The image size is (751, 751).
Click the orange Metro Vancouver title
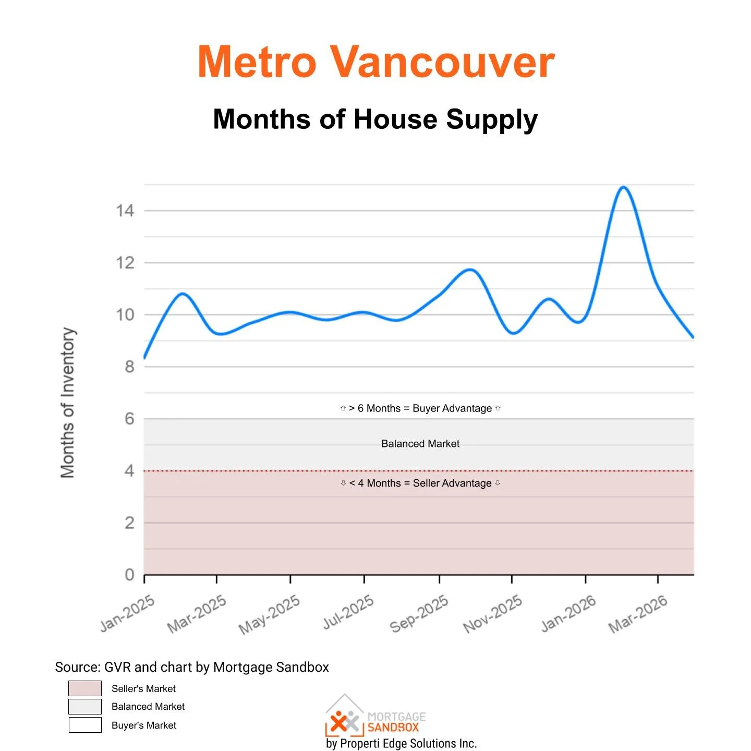click(x=375, y=63)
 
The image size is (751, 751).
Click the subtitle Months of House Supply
click(x=375, y=119)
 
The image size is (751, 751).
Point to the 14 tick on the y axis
click(x=125, y=211)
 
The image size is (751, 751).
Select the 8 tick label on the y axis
click(x=129, y=367)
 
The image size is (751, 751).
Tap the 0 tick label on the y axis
click(x=129, y=575)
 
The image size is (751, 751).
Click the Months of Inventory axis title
click(x=68, y=403)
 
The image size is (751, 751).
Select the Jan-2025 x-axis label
click(x=128, y=613)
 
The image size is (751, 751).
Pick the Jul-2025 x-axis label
click(x=348, y=612)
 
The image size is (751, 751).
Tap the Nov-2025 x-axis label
click(x=493, y=614)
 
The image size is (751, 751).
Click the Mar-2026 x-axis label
click(x=638, y=614)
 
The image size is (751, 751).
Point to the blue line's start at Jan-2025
click(x=145, y=357)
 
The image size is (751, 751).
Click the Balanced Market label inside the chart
click(x=420, y=444)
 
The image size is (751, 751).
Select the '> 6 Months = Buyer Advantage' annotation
click(x=420, y=408)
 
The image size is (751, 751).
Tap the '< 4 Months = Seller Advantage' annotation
click(x=420, y=483)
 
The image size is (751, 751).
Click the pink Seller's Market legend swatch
click(x=85, y=688)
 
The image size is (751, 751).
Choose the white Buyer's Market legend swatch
click(x=85, y=725)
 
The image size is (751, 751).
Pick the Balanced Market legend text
click(x=148, y=707)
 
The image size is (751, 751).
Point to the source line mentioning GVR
click(x=192, y=667)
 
